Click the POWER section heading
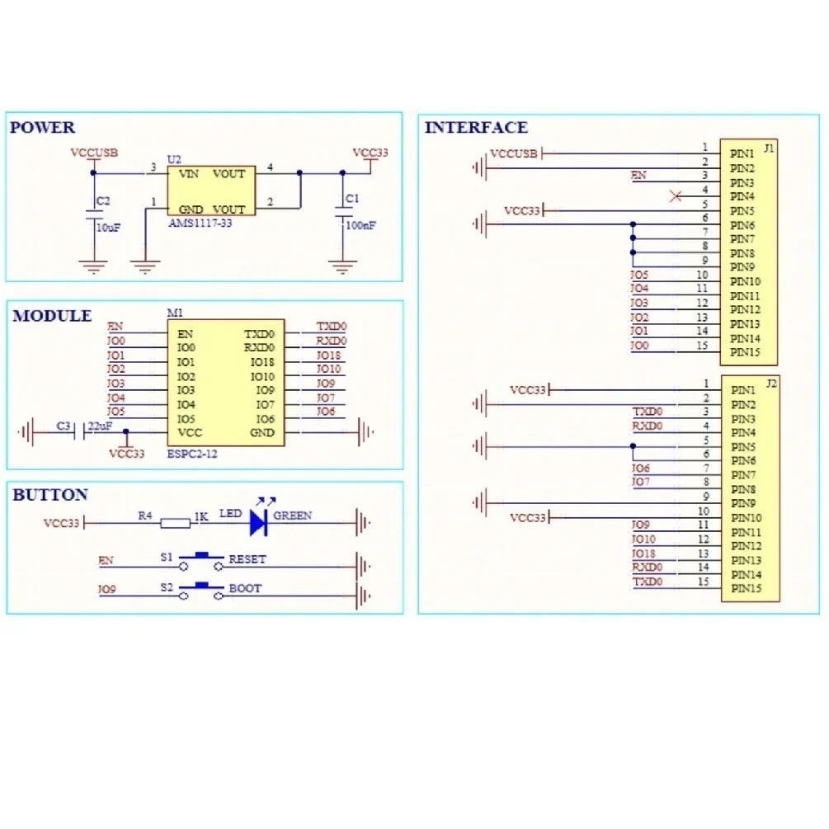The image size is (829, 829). point(42,128)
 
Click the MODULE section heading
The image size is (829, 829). point(52,316)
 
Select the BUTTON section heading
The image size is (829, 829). point(50,495)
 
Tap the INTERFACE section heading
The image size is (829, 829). point(476,128)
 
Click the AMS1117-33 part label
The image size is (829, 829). point(200,224)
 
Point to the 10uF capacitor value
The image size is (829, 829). point(109,228)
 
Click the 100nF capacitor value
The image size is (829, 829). point(360,224)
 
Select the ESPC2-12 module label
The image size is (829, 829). point(192,454)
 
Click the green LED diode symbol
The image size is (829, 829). point(258,521)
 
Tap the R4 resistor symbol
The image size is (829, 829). point(175,522)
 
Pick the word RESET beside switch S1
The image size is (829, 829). point(247,559)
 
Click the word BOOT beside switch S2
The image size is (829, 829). point(245,589)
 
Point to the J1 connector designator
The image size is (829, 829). point(769,148)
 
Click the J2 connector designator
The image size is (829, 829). point(770,384)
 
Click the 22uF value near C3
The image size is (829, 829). point(100,426)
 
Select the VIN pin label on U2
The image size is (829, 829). point(189,174)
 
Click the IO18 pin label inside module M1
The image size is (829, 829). point(262,362)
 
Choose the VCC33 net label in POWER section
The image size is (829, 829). point(370,153)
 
